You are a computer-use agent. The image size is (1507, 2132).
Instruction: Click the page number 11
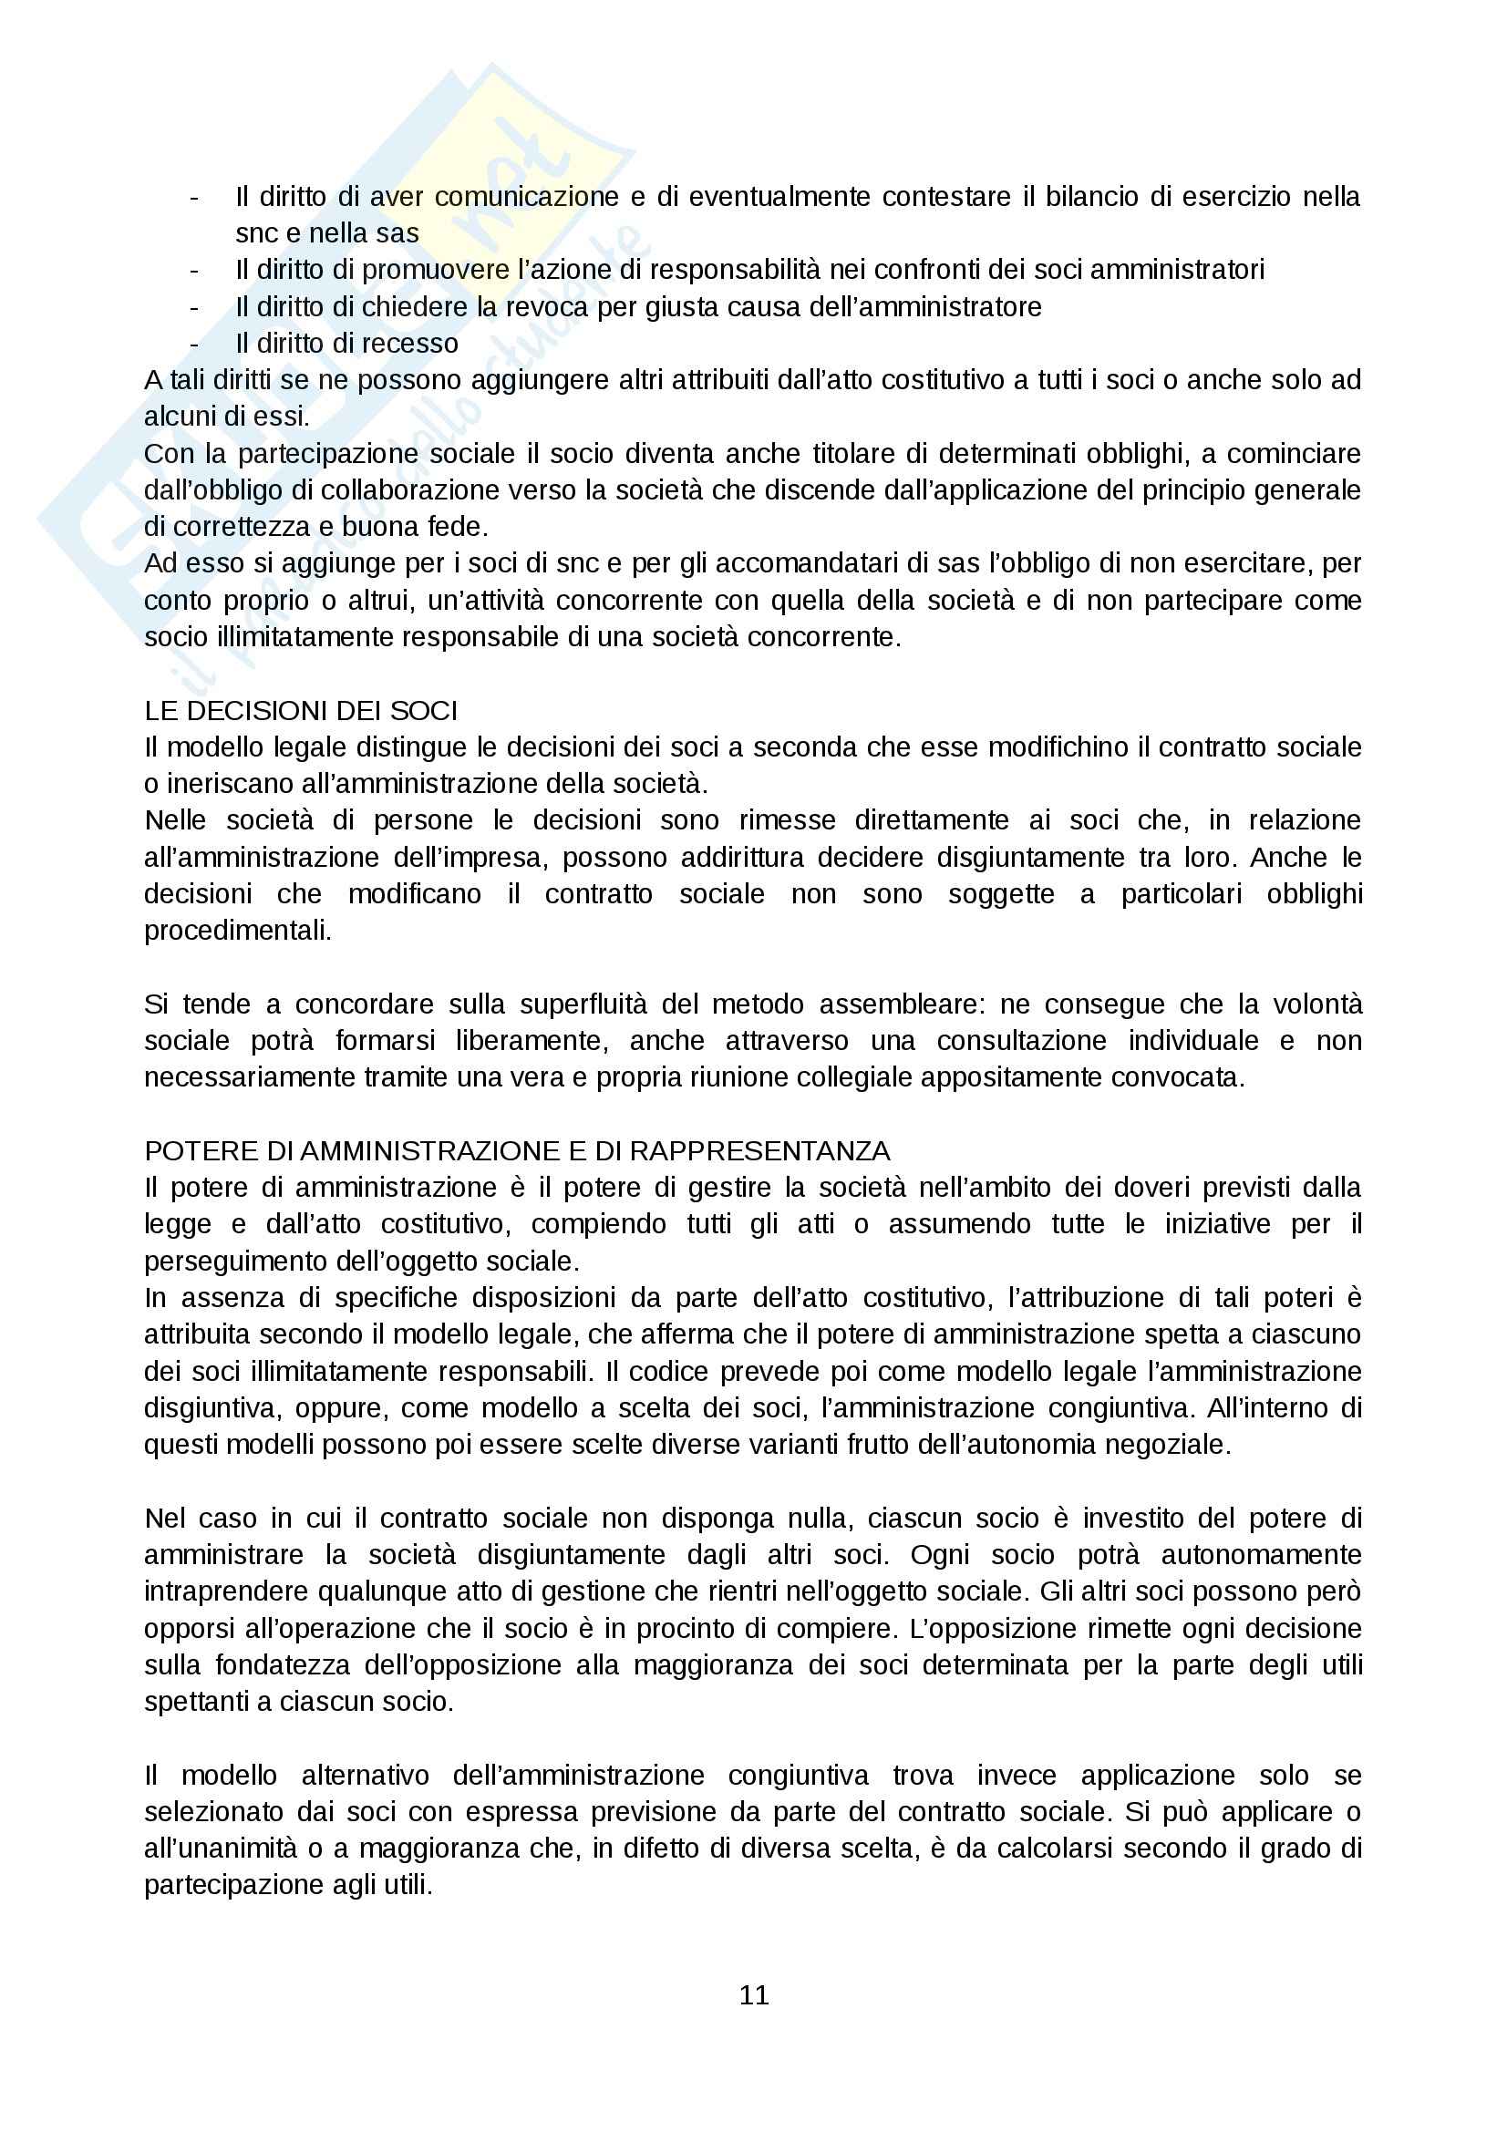pos(754,1994)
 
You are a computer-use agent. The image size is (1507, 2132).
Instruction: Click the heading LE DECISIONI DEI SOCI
pos(301,710)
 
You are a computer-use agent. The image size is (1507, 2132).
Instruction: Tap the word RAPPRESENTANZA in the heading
pos(759,1150)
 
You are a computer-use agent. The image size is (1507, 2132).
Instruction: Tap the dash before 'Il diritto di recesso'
pos(194,344)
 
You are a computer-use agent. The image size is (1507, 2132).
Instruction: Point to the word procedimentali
pos(238,931)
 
